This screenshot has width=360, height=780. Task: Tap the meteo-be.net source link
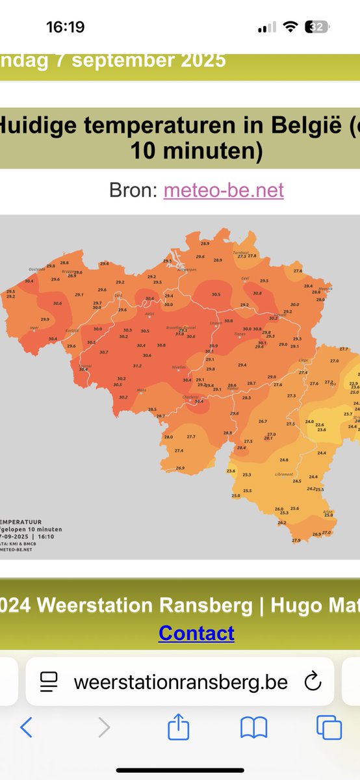click(x=224, y=190)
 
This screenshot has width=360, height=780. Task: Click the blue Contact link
click(x=196, y=632)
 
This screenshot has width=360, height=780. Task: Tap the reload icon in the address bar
click(x=313, y=681)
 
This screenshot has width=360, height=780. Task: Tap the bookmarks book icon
click(x=253, y=727)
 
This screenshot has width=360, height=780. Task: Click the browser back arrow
click(x=26, y=727)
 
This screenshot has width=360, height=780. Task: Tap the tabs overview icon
click(x=329, y=727)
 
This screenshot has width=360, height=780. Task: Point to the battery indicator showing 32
click(x=318, y=27)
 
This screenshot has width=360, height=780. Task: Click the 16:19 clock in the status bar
click(x=65, y=27)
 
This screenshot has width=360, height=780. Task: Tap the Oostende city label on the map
click(x=37, y=269)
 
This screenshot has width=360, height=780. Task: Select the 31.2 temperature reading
click(x=137, y=366)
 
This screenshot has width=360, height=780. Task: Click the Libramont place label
click(x=284, y=474)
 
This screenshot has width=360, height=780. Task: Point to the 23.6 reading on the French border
click(x=231, y=471)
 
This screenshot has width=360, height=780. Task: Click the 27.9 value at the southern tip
click(x=296, y=540)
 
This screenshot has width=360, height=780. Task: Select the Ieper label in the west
click(x=34, y=328)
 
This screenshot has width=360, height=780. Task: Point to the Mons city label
click(x=141, y=390)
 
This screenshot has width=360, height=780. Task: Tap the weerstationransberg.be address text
click(x=181, y=681)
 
